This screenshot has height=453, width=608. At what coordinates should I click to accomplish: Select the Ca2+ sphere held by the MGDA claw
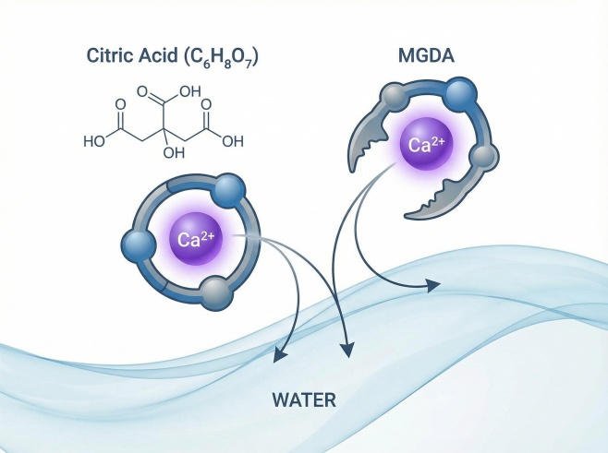tap(426, 145)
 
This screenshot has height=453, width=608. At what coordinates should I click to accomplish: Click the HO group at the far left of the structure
tap(94, 142)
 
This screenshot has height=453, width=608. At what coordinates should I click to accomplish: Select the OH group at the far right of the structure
tap(233, 142)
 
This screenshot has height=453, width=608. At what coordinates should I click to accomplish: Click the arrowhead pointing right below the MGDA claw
tap(432, 286)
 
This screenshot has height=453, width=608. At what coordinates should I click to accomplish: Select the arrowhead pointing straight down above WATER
tap(347, 349)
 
